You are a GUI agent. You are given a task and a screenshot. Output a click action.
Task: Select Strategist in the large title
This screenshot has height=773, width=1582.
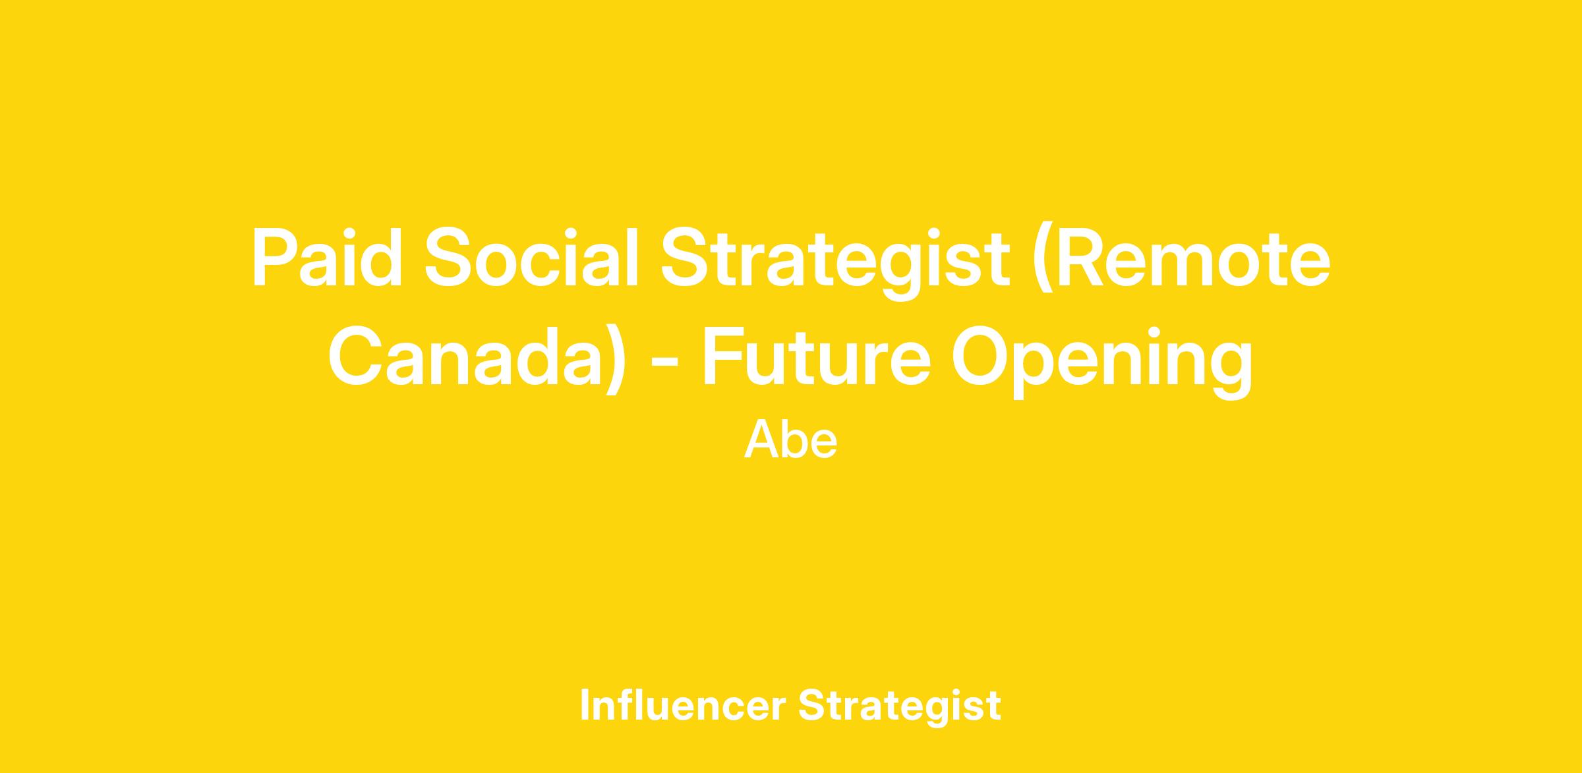pyautogui.click(x=836, y=263)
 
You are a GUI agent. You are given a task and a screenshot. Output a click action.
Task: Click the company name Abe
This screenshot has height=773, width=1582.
pyautogui.click(x=791, y=440)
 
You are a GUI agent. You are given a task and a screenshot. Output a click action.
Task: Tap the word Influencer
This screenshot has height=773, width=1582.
pyautogui.click(x=683, y=705)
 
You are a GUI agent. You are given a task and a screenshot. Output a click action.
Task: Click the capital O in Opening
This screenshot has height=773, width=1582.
pyautogui.click(x=980, y=355)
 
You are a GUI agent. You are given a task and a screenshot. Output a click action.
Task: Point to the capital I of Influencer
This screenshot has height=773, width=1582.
pyautogui.click(x=584, y=704)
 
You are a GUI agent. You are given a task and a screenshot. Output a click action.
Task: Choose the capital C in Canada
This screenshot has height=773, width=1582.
pyautogui.click(x=356, y=355)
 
